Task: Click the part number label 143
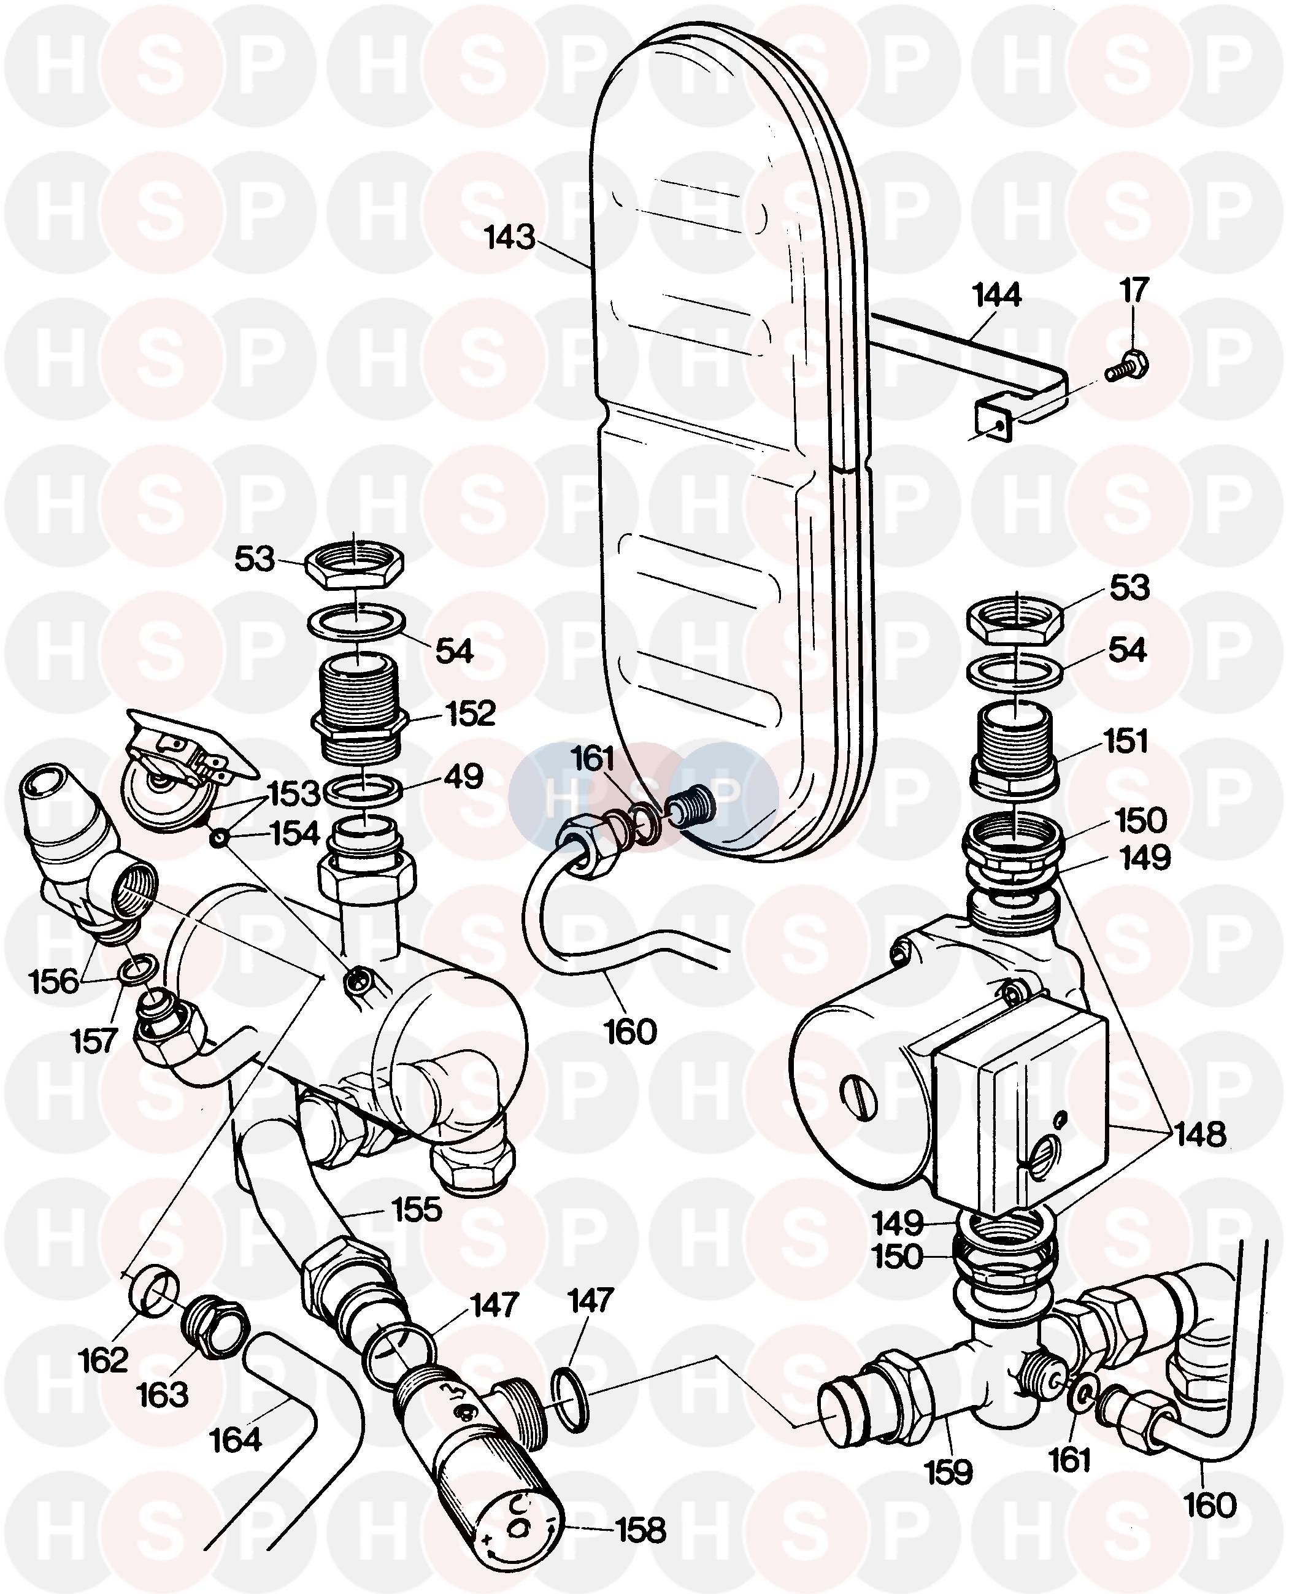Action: tap(509, 237)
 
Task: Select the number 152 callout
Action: tap(471, 714)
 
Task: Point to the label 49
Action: tap(464, 777)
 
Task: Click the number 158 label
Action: tap(642, 1531)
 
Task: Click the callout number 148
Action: tap(1200, 1135)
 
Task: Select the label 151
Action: tap(1126, 742)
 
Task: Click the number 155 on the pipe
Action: tap(417, 1210)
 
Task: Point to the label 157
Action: tap(94, 1041)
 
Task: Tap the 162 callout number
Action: tap(103, 1360)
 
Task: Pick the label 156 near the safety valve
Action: tap(53, 982)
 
